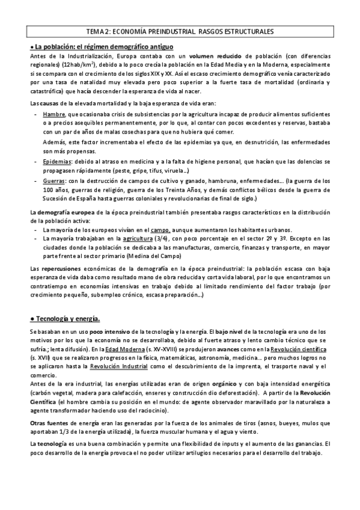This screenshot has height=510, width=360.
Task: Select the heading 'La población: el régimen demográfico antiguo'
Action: [x=103, y=46]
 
